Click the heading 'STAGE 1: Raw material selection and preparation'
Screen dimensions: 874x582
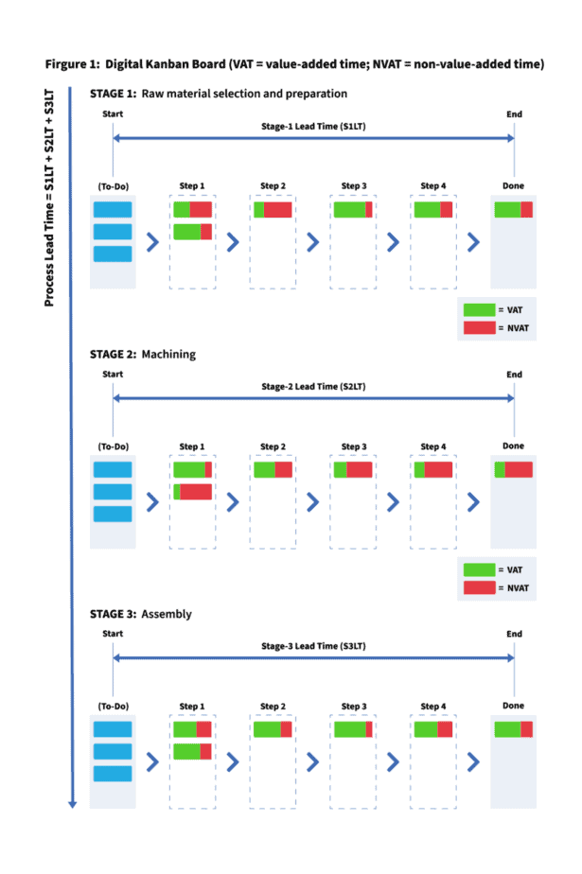(x=219, y=94)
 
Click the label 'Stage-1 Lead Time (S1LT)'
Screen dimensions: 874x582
(x=313, y=127)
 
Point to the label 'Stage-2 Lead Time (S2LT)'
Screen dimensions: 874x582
(x=313, y=386)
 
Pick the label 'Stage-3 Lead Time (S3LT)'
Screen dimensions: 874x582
(x=313, y=646)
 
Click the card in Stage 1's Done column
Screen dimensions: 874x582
(x=514, y=210)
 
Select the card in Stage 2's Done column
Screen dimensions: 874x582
(x=514, y=469)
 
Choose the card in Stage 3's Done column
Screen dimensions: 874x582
(x=514, y=729)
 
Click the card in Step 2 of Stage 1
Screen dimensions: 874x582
(x=273, y=210)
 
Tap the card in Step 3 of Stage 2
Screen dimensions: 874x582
(x=353, y=469)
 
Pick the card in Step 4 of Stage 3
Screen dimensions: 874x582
(x=433, y=729)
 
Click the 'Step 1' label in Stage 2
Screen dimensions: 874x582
(x=192, y=446)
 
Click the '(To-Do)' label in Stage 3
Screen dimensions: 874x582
(x=113, y=707)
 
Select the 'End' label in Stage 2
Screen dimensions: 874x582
(x=514, y=375)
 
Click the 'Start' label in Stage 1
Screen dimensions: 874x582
(x=113, y=114)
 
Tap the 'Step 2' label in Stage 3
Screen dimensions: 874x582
(x=273, y=707)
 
